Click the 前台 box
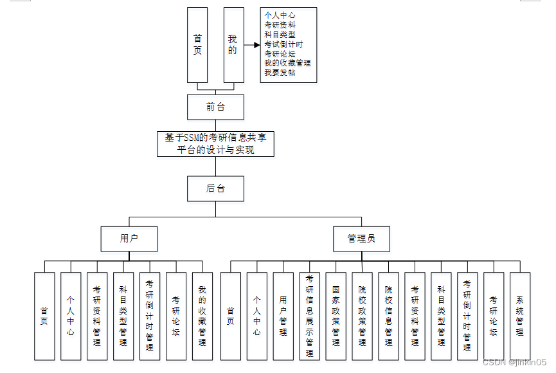coord(215,107)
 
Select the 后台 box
coord(215,188)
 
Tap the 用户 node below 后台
coord(129,238)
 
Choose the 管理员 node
coord(361,238)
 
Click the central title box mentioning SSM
coord(215,144)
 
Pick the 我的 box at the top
coord(233,45)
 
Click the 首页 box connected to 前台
coord(197,45)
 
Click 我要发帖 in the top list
coord(280,73)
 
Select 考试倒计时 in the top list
coord(283,44)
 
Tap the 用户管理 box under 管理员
coord(283,316)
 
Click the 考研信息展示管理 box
coord(309,316)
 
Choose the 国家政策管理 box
coord(336,316)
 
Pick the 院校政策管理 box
coord(362,316)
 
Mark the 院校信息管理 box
coord(388,316)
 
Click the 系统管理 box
coord(520,316)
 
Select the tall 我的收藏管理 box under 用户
coord(202,316)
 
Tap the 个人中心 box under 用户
coord(71,316)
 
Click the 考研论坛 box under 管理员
coord(494,316)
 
